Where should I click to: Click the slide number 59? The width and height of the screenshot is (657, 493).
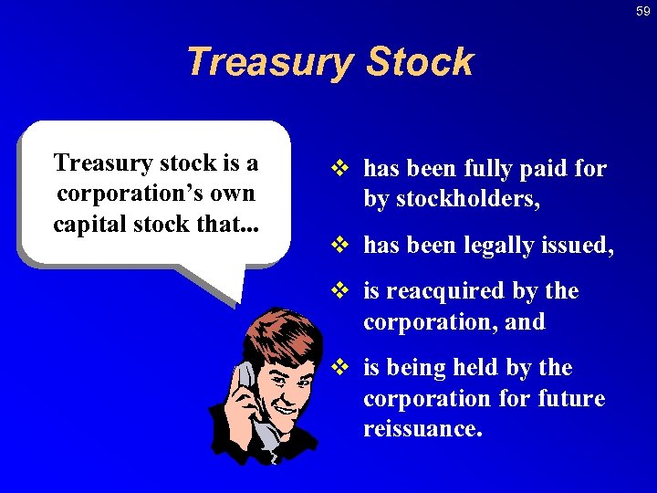coord(643,11)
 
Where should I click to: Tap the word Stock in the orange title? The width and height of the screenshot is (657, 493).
coord(420,62)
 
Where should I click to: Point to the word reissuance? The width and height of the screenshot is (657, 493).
coord(422,429)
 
